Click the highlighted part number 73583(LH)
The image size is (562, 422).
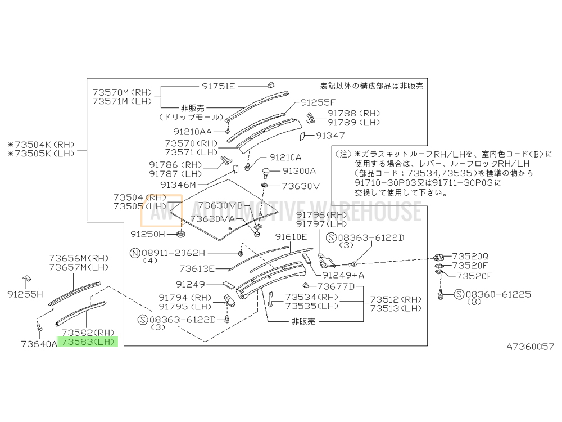pos(88,342)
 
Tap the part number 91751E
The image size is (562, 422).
pos(218,86)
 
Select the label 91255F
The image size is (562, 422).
pos(318,102)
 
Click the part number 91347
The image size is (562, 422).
pos(330,136)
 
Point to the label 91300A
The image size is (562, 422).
pos(299,171)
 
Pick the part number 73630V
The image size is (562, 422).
pos(300,186)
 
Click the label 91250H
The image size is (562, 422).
pos(148,234)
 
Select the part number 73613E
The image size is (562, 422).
pos(197,268)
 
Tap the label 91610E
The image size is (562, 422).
pos(291,237)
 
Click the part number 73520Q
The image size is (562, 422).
pos(470,256)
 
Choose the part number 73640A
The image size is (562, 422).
pos(39,344)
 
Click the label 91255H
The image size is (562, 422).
pos(25,294)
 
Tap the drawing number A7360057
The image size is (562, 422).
pos(530,347)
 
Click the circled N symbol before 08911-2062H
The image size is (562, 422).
pos(135,253)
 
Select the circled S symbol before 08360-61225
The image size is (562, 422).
pos(459,295)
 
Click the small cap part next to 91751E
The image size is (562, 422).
pos(271,86)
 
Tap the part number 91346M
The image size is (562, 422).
pos(178,185)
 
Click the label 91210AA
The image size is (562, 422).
pos(192,132)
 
